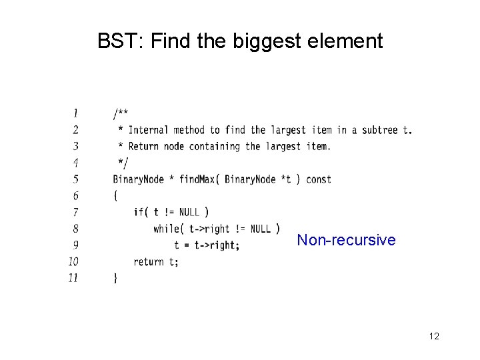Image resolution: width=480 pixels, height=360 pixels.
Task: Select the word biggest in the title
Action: (267, 42)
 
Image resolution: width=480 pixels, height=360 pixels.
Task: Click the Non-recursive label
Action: (346, 240)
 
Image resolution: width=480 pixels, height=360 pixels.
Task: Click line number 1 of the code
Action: (75, 113)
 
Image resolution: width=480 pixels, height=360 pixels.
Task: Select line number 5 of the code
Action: (75, 179)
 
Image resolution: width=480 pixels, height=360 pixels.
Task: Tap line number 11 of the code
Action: (73, 278)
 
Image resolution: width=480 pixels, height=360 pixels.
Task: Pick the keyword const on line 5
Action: (318, 179)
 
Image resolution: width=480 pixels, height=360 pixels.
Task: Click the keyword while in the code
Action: (166, 229)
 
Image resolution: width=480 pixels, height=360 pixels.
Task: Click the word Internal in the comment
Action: (148, 129)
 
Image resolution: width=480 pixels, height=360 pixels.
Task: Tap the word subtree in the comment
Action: (380, 129)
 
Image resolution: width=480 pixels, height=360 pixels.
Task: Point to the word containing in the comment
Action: (218, 146)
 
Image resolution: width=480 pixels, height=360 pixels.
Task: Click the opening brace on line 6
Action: (116, 195)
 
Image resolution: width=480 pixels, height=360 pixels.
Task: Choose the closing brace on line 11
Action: (116, 278)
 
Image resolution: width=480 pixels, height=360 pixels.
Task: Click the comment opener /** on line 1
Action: (121, 113)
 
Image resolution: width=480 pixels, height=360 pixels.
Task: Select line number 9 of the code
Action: (75, 245)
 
